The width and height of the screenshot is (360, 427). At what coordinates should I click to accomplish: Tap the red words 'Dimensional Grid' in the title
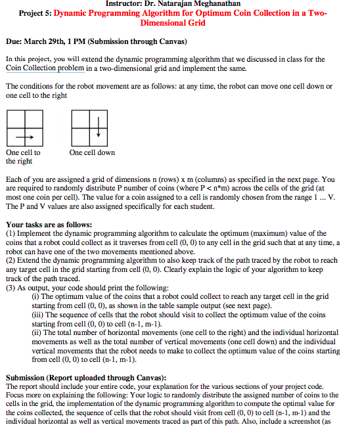pyautogui.click(x=173, y=23)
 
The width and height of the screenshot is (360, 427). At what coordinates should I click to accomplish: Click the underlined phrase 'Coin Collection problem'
pyautogui.click(x=45, y=68)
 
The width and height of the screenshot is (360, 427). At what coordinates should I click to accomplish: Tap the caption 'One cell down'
pyautogui.click(x=92, y=152)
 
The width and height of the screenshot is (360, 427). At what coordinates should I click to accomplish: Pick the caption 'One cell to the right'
pyautogui.click(x=23, y=156)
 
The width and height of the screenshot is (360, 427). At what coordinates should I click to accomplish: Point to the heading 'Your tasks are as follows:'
pyautogui.click(x=49, y=225)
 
